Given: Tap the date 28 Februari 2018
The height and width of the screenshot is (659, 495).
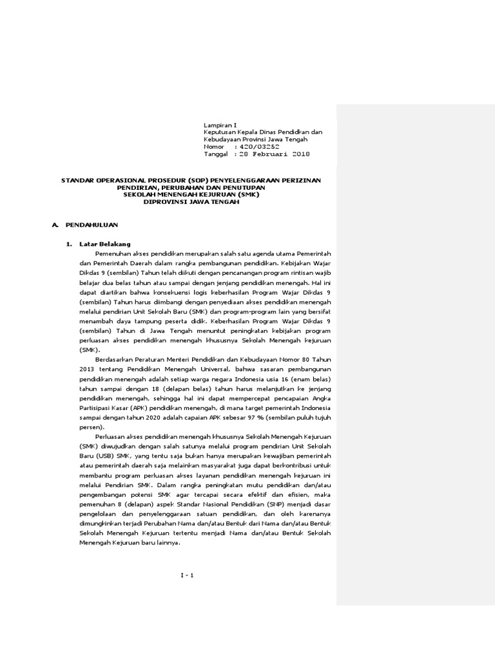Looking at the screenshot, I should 275,154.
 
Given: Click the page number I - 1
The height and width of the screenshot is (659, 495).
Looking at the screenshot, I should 188,575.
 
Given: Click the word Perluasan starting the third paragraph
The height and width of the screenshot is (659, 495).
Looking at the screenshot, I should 112,438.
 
